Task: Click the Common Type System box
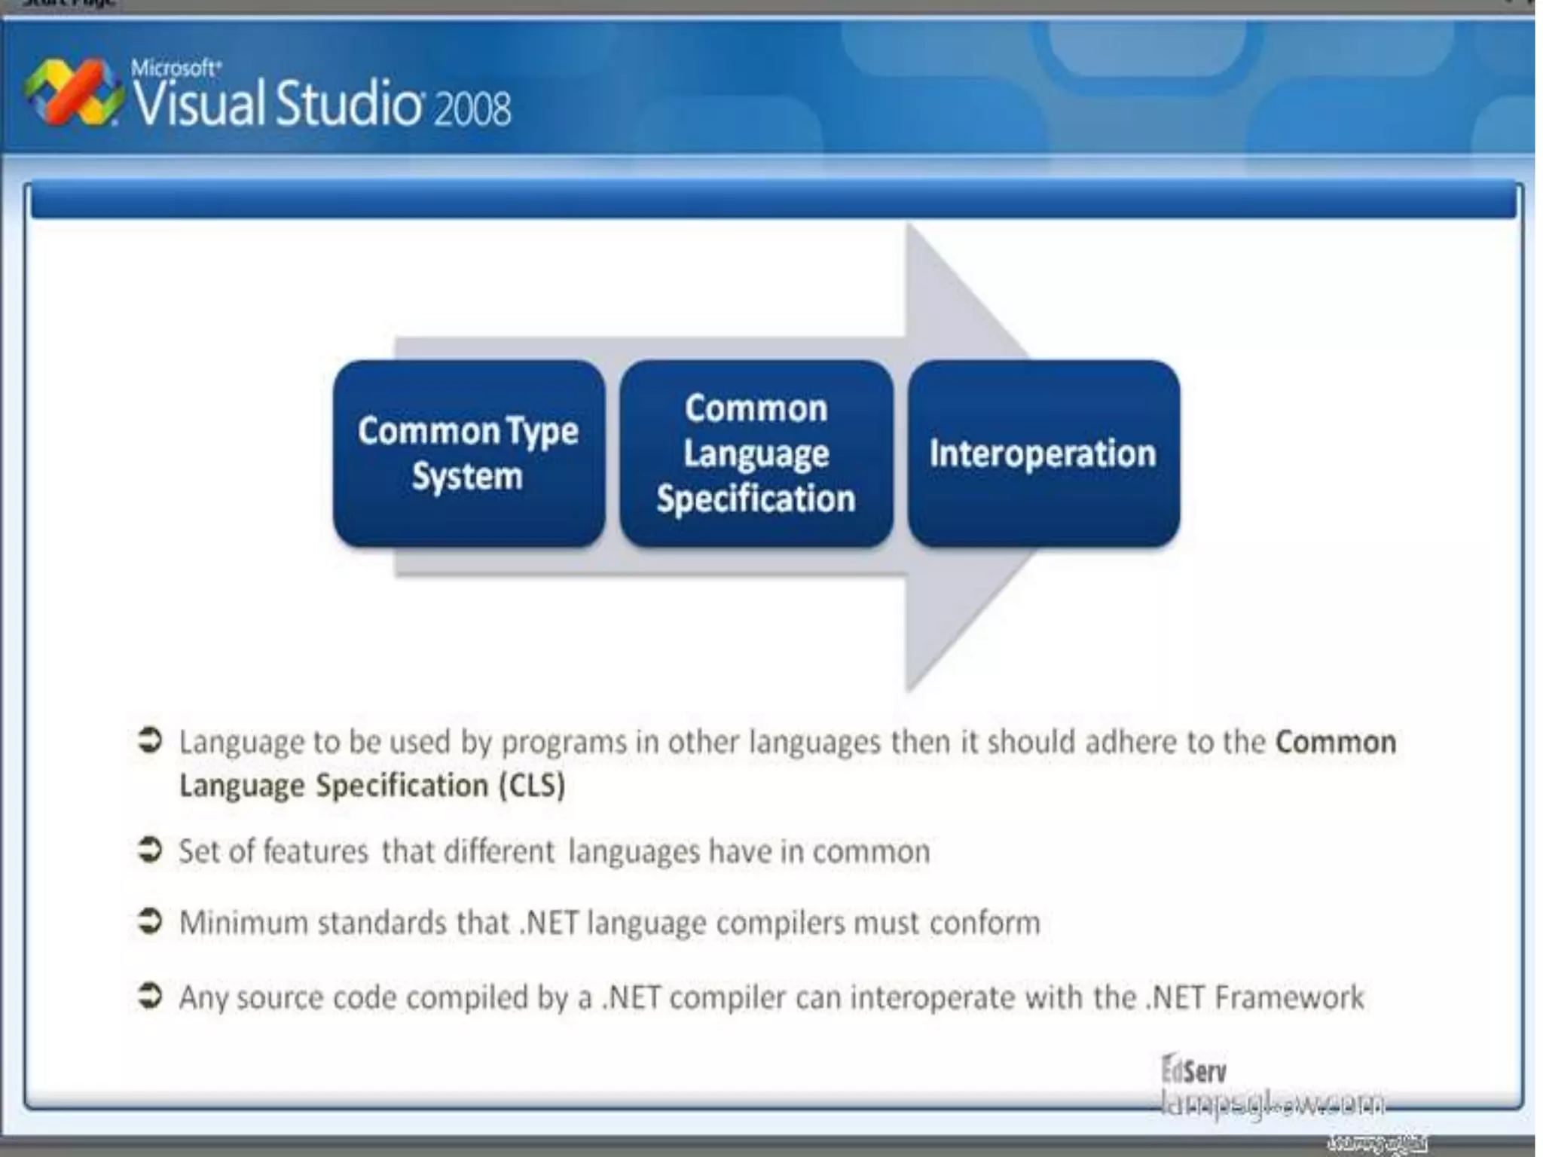pyautogui.click(x=469, y=453)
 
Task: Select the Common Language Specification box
pyautogui.click(x=756, y=453)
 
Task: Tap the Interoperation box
pyautogui.click(x=1043, y=453)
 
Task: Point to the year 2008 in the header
pyautogui.click(x=472, y=108)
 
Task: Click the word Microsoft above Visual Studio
pyautogui.click(x=175, y=68)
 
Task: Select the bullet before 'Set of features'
pyautogui.click(x=150, y=850)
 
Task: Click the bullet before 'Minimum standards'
pyautogui.click(x=150, y=920)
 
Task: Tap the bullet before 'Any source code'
pyautogui.click(x=150, y=995)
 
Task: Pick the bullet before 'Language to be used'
pyautogui.click(x=150, y=740)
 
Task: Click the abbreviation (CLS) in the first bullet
pyautogui.click(x=531, y=786)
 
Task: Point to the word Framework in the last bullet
pyautogui.click(x=1289, y=997)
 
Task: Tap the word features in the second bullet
pyautogui.click(x=316, y=852)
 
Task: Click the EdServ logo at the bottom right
pyautogui.click(x=1194, y=1070)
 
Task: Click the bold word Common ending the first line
pyautogui.click(x=1335, y=742)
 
